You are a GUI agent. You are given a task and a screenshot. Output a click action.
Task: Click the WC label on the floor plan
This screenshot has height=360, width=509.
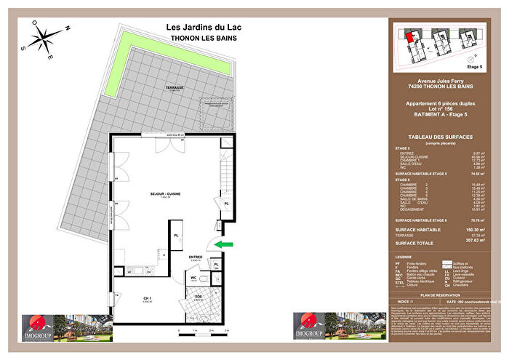click(194, 277)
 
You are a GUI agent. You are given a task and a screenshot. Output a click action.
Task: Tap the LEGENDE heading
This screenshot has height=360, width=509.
click(404, 257)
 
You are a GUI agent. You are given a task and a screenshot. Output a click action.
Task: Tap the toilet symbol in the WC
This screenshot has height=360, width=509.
click(206, 280)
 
